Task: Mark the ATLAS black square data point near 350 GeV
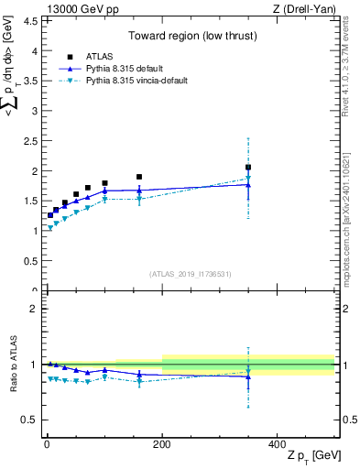pos(248,168)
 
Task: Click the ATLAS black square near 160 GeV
pos(139,177)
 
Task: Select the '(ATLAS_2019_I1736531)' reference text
pos(191,274)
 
